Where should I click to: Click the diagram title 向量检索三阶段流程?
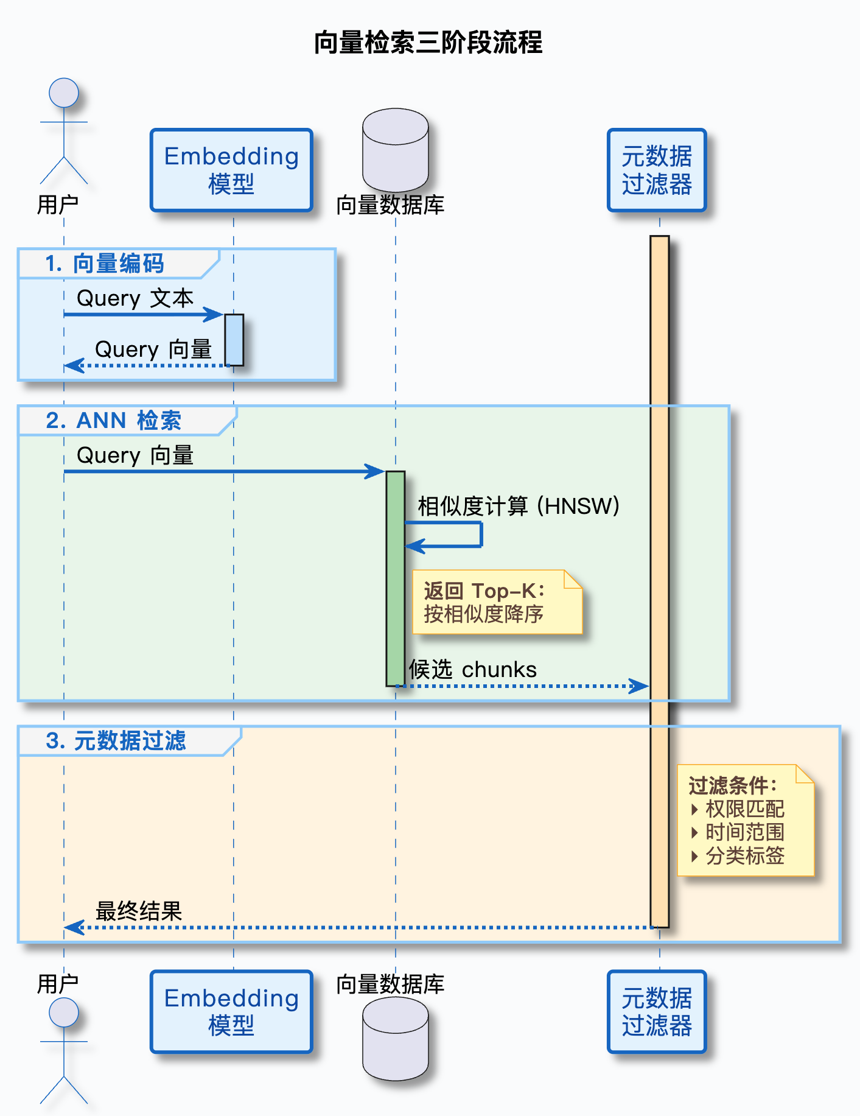428,43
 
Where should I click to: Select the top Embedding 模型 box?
231,170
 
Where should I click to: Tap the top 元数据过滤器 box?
657,170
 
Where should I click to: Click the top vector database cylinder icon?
396,150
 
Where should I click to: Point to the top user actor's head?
64,93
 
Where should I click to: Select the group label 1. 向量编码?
105,264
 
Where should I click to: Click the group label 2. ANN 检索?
114,421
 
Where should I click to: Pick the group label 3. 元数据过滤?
116,741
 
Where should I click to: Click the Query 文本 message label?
135,298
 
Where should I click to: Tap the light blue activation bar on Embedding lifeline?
234,340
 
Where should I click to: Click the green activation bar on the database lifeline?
396,578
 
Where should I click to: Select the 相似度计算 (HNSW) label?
519,506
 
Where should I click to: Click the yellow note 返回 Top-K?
497,602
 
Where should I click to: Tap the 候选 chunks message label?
473,670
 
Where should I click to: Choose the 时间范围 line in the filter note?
744,832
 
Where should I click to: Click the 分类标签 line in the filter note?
744,856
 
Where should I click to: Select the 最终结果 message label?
139,911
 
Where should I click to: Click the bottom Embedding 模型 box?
231,1011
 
